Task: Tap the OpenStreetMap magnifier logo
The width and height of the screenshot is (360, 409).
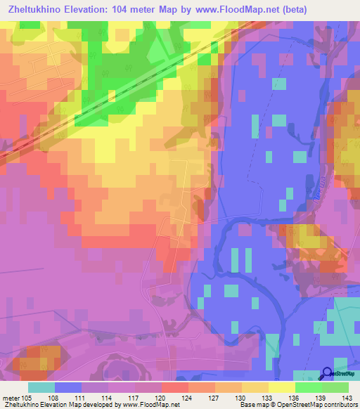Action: (x=328, y=373)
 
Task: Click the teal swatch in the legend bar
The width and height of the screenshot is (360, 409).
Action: (x=41, y=387)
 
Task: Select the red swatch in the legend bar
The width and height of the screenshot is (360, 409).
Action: (x=175, y=387)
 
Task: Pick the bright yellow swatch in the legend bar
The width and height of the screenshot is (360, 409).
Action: (x=282, y=387)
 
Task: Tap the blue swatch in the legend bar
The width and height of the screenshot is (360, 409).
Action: (x=68, y=387)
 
